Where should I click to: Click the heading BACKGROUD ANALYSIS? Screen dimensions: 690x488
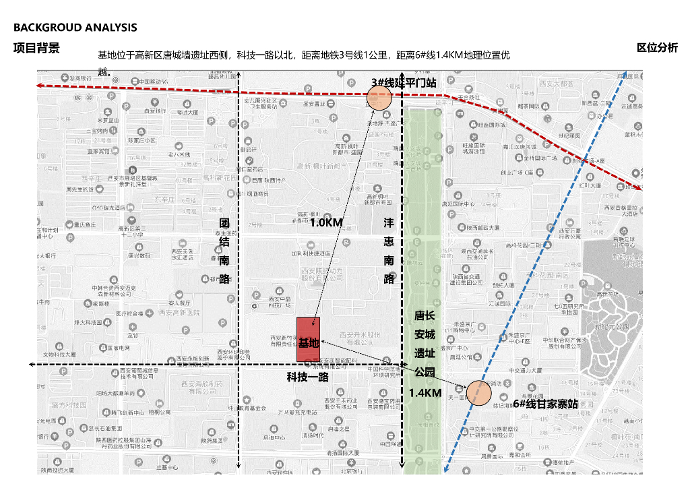tap(75, 28)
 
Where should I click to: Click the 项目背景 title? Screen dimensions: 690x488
tap(36, 48)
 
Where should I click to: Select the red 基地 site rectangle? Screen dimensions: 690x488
tap(308, 342)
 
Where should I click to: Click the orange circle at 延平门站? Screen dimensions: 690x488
tap(379, 98)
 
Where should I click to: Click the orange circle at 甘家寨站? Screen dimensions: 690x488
tap(479, 394)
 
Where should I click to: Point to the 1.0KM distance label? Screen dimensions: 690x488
tap(326, 222)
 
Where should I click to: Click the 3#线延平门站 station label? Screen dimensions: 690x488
tap(404, 83)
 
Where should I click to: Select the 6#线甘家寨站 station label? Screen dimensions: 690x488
tap(545, 404)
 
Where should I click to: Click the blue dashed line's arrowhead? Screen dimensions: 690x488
tap(626, 73)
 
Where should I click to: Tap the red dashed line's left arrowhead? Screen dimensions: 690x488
tap(40, 86)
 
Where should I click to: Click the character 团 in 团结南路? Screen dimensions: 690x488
tap(225, 223)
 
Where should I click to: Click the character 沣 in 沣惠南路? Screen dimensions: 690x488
tap(389, 223)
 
